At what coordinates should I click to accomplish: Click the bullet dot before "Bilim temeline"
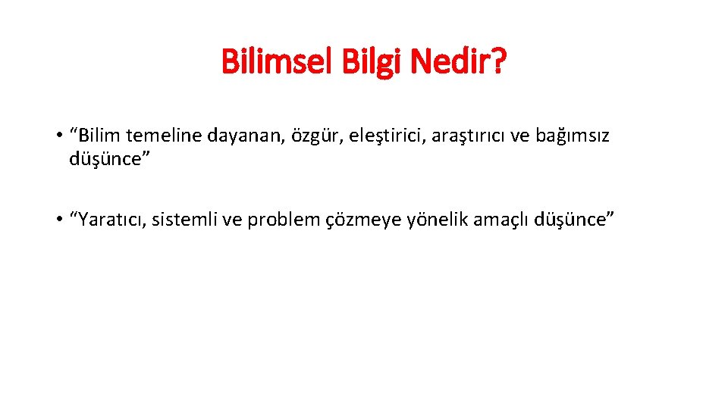point(58,137)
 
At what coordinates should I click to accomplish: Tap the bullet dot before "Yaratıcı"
point(58,220)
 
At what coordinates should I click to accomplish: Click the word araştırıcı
point(431,137)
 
